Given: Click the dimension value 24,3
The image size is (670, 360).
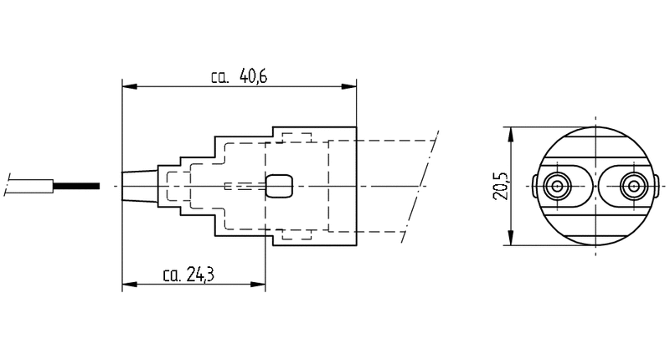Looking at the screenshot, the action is [200, 275].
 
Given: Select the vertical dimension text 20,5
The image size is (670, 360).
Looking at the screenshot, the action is [499, 186].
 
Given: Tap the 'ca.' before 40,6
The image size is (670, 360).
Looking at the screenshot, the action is [220, 78].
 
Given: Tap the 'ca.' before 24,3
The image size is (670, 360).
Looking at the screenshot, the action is [172, 276].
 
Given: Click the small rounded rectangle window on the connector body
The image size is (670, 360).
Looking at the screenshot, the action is [279, 186].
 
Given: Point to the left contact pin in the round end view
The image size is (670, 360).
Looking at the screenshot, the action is [557, 186].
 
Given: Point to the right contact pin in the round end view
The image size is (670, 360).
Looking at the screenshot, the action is [633, 186].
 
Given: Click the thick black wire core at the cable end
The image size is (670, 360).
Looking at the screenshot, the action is [76, 186].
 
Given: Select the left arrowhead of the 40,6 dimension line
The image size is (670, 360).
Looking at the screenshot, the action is [130, 87].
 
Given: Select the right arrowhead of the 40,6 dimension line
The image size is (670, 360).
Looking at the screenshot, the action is [348, 87].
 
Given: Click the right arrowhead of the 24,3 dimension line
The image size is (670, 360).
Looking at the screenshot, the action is [258, 285].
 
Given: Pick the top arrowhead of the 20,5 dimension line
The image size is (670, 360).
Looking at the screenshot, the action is [510, 135].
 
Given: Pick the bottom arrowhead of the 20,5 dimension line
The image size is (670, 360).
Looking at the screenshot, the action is [510, 238].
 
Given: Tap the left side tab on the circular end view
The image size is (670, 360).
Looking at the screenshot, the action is [535, 186].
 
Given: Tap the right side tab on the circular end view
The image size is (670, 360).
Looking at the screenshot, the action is [656, 186].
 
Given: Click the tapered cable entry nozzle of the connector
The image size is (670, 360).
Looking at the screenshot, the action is [140, 186].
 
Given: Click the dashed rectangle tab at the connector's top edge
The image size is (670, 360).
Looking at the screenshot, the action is [296, 137].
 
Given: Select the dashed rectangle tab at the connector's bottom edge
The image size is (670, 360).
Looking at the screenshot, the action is [296, 234].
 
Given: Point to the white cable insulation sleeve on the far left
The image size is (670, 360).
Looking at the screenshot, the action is [29, 186].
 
